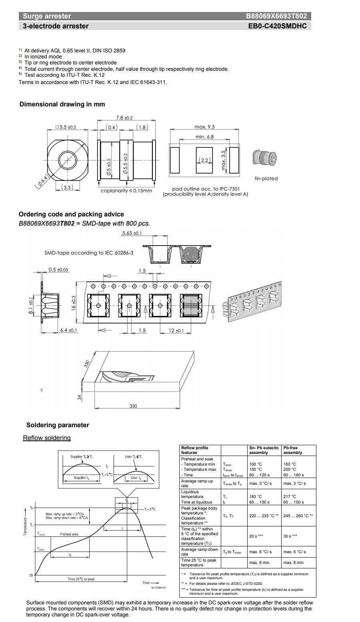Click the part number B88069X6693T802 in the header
[276, 16]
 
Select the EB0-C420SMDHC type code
[278, 26]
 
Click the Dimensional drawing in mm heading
[62, 104]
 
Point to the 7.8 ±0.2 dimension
[124, 118]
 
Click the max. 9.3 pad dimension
[204, 127]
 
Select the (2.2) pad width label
[205, 160]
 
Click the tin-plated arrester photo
[265, 158]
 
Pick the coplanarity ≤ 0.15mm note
[126, 191]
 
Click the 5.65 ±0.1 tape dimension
[132, 233]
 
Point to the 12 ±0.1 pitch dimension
[176, 330]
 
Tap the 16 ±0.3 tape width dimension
[74, 304]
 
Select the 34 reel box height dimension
[79, 397]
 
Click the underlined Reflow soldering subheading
[47, 438]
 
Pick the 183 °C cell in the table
[256, 497]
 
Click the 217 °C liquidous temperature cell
[290, 497]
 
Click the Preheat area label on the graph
[69, 534]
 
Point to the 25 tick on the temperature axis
[31, 575]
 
